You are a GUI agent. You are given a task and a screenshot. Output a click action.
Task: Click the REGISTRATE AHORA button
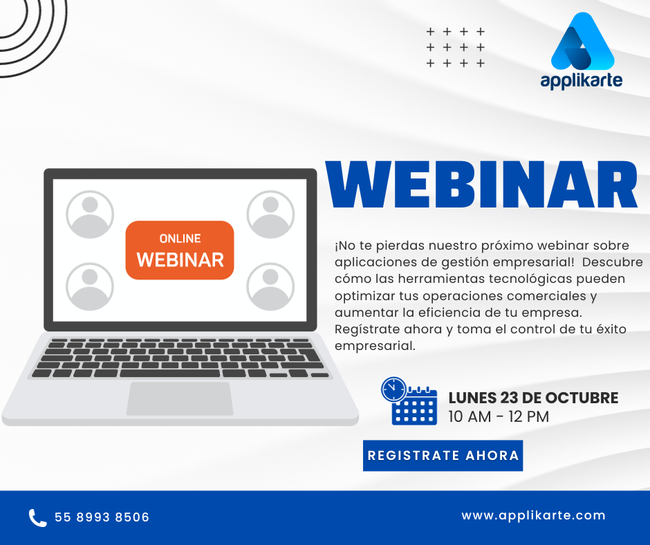point(443,455)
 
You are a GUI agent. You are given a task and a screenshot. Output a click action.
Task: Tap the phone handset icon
point(38,517)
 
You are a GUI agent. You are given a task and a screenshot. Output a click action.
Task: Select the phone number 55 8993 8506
point(102,517)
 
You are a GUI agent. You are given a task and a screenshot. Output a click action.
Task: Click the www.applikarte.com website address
point(533,515)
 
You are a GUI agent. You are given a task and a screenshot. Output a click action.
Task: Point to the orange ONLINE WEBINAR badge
point(180,250)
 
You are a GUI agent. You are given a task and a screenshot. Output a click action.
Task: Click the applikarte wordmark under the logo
point(581,80)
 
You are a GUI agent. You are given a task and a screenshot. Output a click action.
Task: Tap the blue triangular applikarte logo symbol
point(582,41)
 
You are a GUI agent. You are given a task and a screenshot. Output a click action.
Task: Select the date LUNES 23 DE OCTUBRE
point(533,398)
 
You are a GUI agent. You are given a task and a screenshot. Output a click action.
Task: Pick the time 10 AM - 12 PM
point(499,416)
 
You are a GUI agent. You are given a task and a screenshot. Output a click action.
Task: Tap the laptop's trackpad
point(180,398)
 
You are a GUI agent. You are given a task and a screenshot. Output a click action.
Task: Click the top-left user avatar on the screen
point(90,214)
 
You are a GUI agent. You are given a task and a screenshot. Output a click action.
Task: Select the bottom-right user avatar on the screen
point(270,286)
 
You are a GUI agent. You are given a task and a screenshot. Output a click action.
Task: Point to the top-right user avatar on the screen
point(270,214)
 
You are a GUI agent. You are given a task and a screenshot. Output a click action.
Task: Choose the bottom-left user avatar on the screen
point(90,286)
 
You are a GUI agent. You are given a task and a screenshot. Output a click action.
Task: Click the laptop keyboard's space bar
point(170,373)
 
